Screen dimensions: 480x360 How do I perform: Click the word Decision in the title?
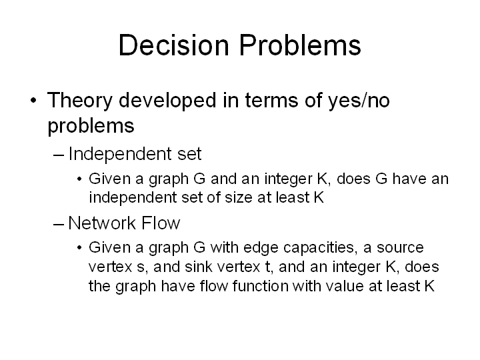point(174,45)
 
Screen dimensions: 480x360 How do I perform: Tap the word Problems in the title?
point(300,45)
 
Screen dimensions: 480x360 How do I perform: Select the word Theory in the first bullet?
point(80,101)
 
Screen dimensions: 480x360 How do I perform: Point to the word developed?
point(167,101)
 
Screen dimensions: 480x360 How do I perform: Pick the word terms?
point(271,101)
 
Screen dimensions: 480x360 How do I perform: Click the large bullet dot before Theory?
point(34,100)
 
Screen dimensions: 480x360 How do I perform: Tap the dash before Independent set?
point(59,155)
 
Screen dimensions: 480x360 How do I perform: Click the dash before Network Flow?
point(59,224)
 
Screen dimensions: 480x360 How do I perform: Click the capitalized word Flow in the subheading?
point(161,223)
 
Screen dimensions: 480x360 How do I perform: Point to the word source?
point(400,247)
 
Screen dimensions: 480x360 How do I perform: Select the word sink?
point(199,267)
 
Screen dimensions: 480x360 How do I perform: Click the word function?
point(260,286)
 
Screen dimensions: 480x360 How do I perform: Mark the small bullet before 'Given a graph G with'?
point(79,247)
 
